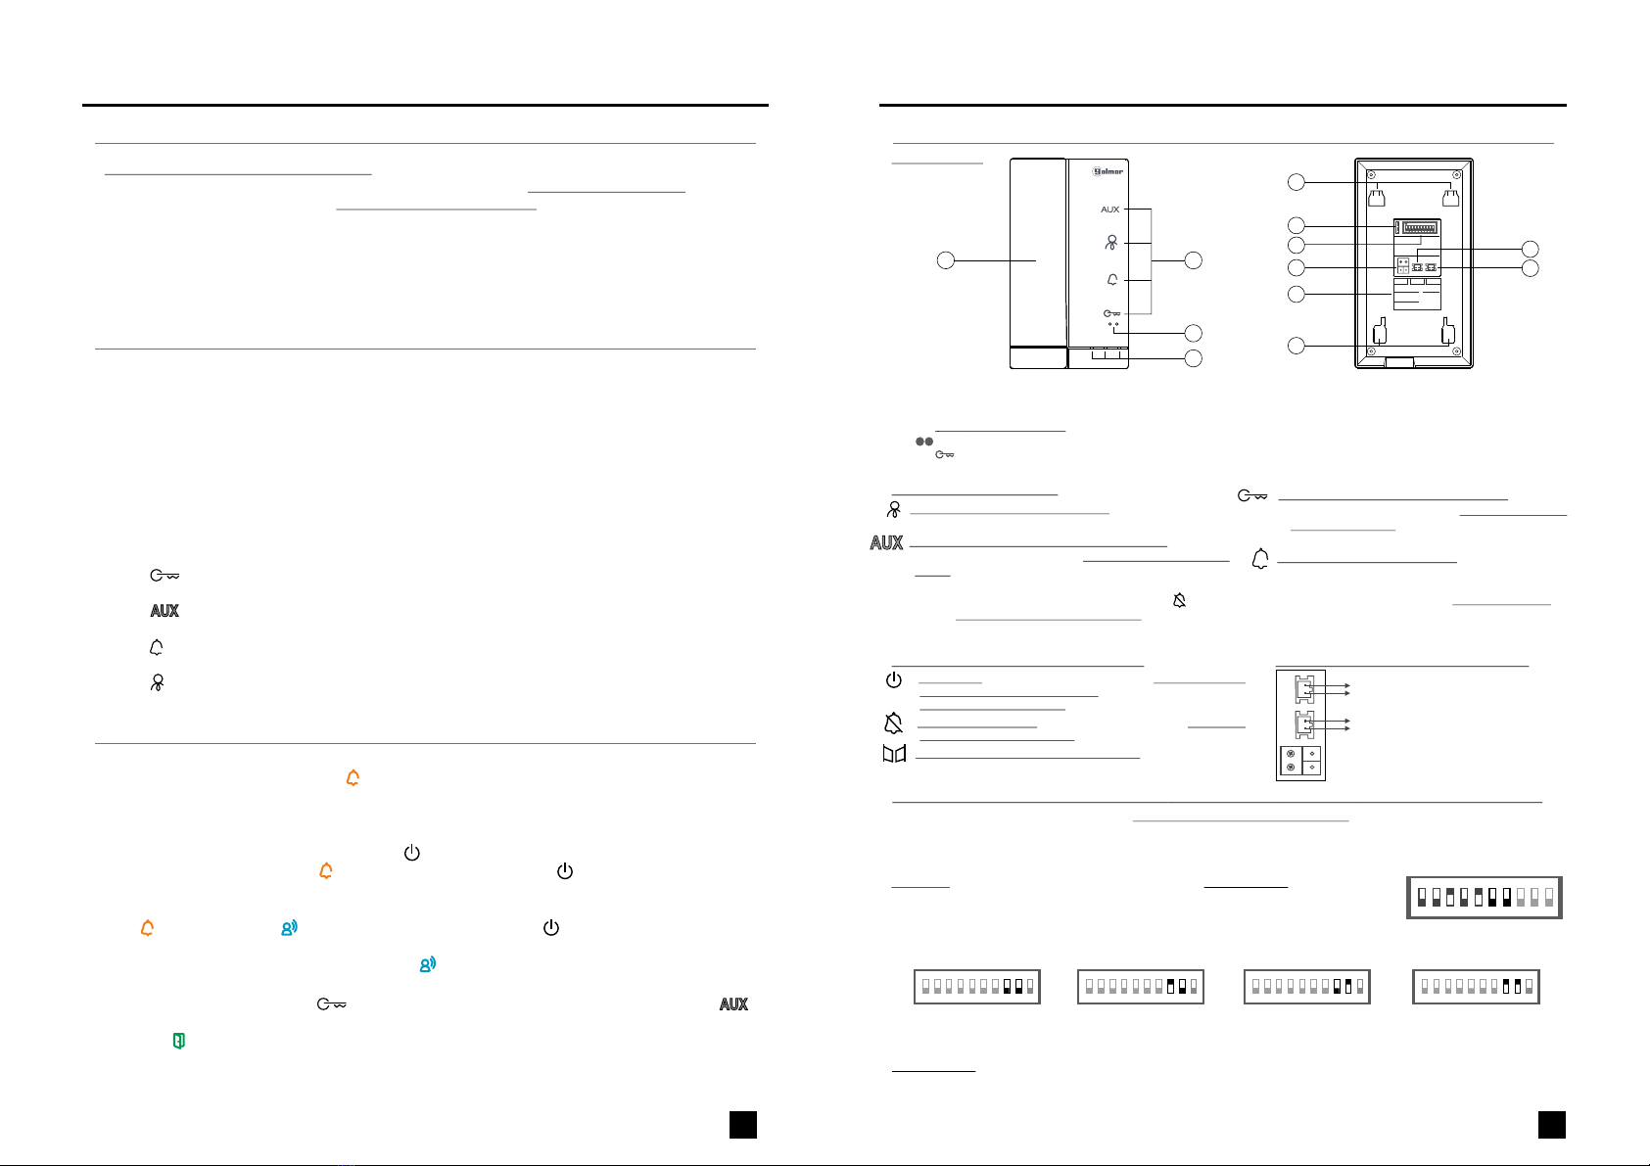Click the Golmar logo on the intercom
(1108, 171)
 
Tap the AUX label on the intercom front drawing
(1110, 210)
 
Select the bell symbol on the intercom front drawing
(1112, 279)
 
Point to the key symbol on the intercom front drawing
(1111, 314)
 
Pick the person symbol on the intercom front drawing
(1111, 243)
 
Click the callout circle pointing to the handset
(946, 260)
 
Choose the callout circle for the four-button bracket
(1194, 260)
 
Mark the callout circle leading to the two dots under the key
(1194, 333)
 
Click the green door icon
(178, 1040)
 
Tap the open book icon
(894, 754)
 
